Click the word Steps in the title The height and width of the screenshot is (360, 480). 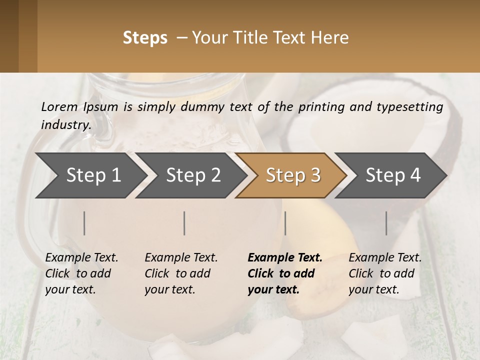(x=145, y=38)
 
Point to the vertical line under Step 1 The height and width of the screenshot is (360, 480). (x=84, y=223)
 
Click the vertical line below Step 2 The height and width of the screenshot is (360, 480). (x=184, y=223)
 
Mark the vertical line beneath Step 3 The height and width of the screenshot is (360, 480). (x=285, y=223)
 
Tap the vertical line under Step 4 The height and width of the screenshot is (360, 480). (x=386, y=223)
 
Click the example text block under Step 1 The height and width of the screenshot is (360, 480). (x=81, y=273)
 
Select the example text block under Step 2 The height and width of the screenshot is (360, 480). (x=181, y=273)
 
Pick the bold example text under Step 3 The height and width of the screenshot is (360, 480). (x=284, y=273)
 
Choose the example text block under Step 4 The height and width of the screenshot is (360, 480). (x=385, y=273)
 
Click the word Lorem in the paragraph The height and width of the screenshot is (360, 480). (x=59, y=106)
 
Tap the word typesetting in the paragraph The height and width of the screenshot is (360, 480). (x=412, y=106)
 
